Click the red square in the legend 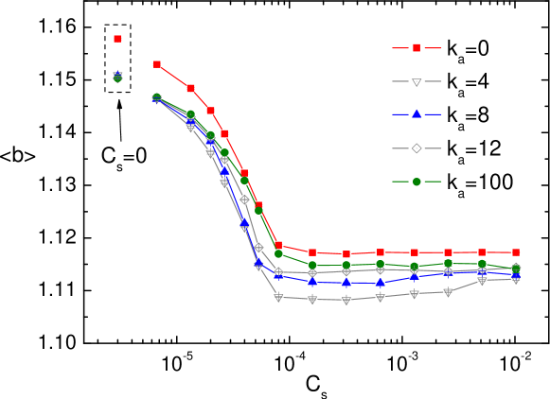[417, 48]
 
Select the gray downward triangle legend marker [417, 82]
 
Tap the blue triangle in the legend [417, 114]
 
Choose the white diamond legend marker [417, 147]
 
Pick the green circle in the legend [417, 182]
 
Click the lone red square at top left [117, 39]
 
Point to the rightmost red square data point [516, 252]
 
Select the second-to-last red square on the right [482, 252]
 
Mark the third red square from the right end [448, 252]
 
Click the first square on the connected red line [157, 64]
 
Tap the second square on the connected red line [190, 88]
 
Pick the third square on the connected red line [210, 111]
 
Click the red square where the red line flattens [278, 245]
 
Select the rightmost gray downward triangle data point [516, 280]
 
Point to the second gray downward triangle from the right [482, 281]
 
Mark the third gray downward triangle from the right [448, 292]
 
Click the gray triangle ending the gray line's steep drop [278, 298]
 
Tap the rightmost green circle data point [516, 269]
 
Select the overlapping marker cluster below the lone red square [117, 77]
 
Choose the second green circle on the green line [190, 113]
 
